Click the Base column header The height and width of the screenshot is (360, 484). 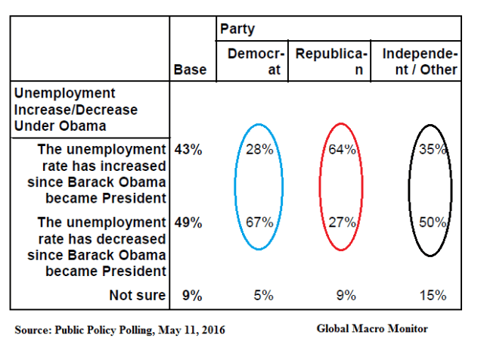pyautogui.click(x=189, y=70)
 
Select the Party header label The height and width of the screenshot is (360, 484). pyautogui.click(x=237, y=29)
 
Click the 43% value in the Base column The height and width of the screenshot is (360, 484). pyautogui.click(x=188, y=150)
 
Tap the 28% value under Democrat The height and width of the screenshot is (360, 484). pyautogui.click(x=259, y=150)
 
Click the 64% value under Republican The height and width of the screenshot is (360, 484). pyautogui.click(x=342, y=150)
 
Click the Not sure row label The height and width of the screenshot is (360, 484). pyautogui.click(x=135, y=295)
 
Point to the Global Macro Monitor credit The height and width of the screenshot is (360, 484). pyautogui.click(x=372, y=329)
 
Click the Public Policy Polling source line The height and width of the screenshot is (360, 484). pyautogui.click(x=119, y=331)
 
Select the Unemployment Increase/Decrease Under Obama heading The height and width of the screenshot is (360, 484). pyautogui.click(x=76, y=110)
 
